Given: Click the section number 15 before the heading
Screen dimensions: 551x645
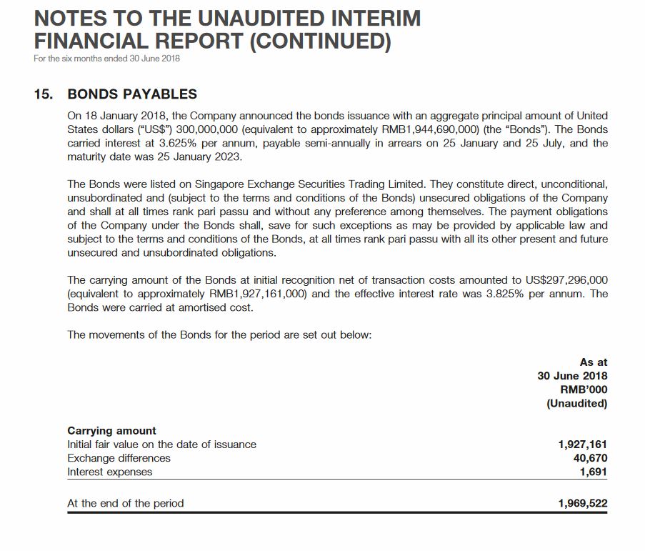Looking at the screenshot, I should point(43,94).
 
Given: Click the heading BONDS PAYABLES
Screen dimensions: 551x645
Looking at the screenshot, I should point(132,94).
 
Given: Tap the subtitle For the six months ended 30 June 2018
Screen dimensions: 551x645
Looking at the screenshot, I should point(106,59).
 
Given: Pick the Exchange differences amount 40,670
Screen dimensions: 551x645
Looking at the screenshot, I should point(590,458).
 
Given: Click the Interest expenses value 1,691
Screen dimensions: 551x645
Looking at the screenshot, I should point(593,472).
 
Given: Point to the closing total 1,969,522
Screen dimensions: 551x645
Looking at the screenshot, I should point(582,503).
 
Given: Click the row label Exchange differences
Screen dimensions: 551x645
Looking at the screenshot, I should point(119,458).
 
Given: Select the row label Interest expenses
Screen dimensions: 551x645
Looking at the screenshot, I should point(109,472).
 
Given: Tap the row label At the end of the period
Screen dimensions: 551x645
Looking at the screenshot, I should point(125,503).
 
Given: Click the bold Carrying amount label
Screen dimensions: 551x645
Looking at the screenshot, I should point(111,430).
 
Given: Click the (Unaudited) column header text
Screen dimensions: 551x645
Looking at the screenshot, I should point(576,403).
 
